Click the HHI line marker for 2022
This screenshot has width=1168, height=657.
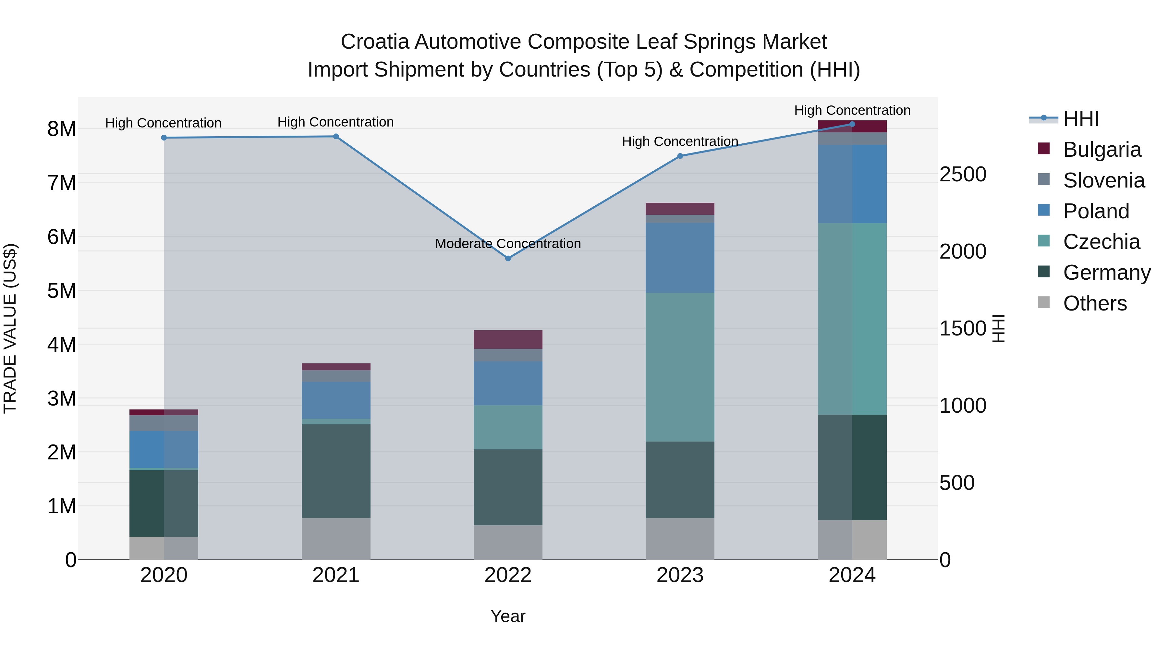point(508,259)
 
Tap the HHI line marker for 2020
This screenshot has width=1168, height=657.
point(164,138)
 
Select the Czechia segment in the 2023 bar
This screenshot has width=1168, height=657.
point(680,367)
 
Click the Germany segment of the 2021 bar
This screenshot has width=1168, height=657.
point(336,471)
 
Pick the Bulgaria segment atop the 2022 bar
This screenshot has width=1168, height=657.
point(508,340)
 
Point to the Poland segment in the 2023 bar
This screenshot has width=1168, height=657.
point(680,258)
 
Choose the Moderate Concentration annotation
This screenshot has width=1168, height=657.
point(508,244)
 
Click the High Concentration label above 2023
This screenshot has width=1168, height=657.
point(680,141)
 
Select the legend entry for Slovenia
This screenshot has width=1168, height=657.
point(1104,180)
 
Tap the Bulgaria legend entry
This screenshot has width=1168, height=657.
point(1102,150)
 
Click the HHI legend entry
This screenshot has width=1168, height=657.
point(1081,119)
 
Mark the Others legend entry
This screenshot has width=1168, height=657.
point(1095,303)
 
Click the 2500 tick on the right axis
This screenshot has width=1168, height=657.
point(963,175)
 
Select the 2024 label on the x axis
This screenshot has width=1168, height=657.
point(852,575)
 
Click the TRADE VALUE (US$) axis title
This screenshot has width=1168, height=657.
point(10,328)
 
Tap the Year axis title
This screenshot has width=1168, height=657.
point(508,616)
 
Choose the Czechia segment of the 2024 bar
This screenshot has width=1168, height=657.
point(852,319)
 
